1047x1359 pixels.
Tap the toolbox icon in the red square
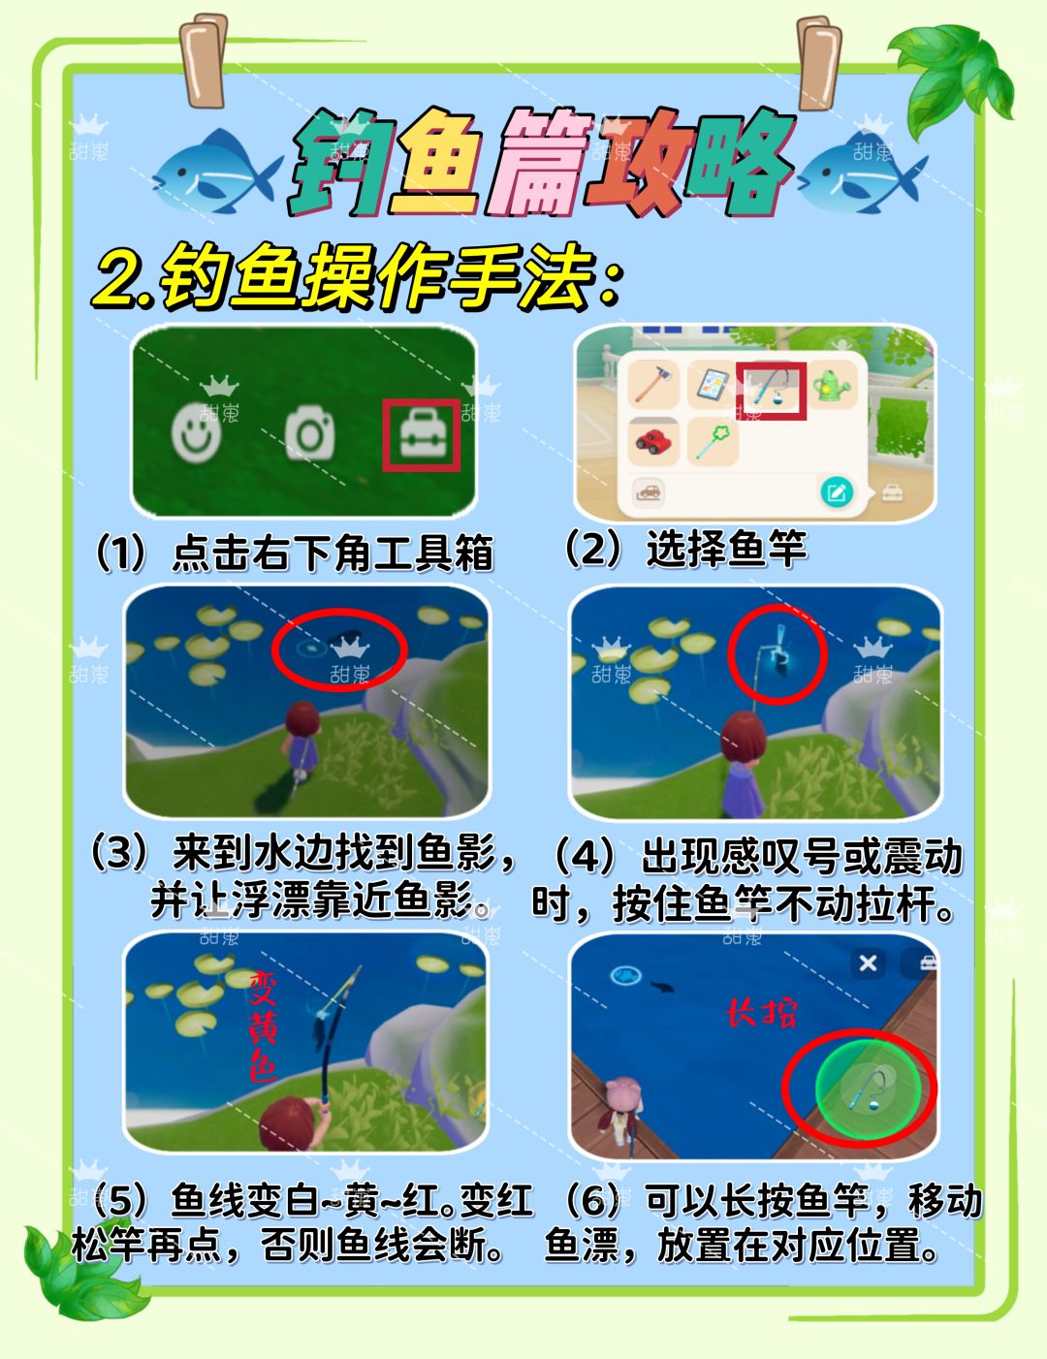click(422, 435)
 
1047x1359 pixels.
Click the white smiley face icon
click(197, 432)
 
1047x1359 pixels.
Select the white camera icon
click(309, 432)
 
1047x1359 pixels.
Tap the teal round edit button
click(837, 492)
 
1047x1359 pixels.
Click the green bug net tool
click(714, 440)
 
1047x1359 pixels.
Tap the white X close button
click(868, 963)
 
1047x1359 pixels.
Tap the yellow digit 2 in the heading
click(119, 280)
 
